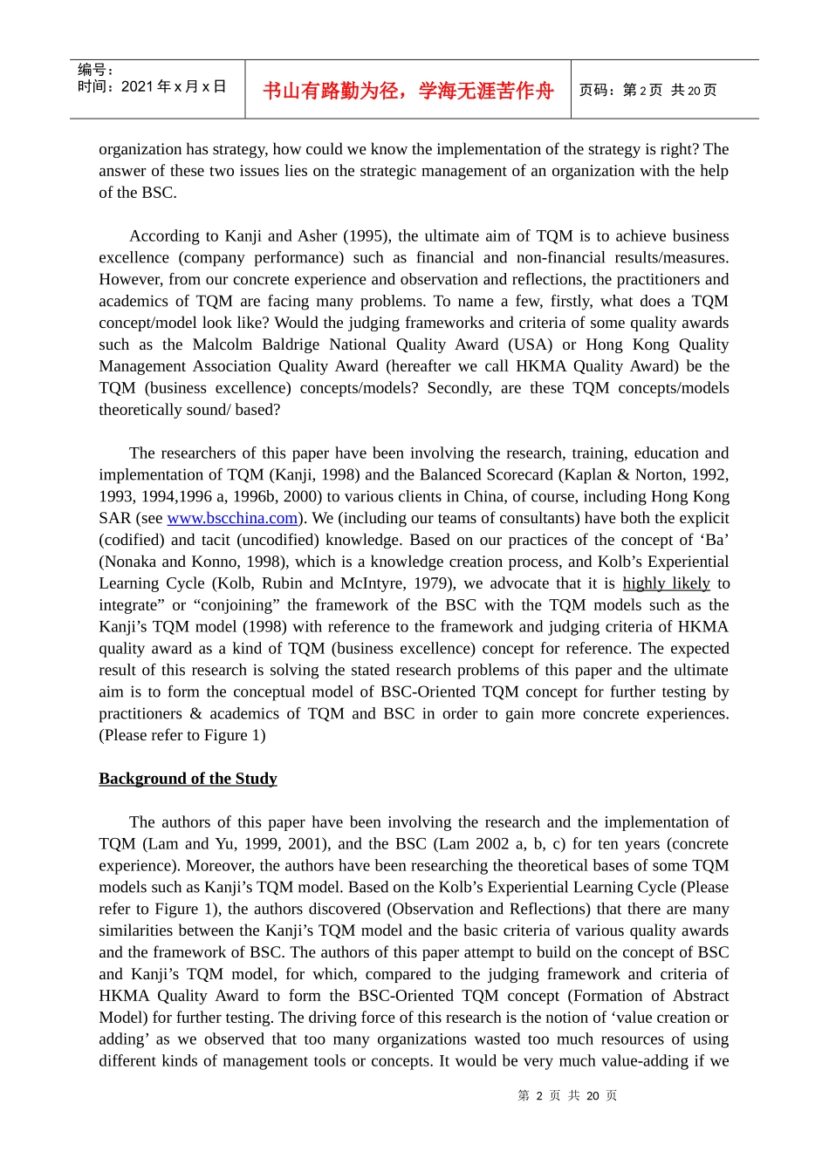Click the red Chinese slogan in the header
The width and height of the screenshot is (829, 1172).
point(408,91)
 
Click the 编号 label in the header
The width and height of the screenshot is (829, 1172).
point(95,70)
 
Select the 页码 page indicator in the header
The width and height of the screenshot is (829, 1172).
point(647,91)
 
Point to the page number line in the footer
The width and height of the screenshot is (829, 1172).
point(567,1095)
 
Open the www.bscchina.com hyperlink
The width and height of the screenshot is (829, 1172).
point(232,518)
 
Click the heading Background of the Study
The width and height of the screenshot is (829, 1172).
point(188,779)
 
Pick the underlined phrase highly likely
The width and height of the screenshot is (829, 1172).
point(666,583)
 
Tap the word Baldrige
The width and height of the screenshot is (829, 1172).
point(292,344)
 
